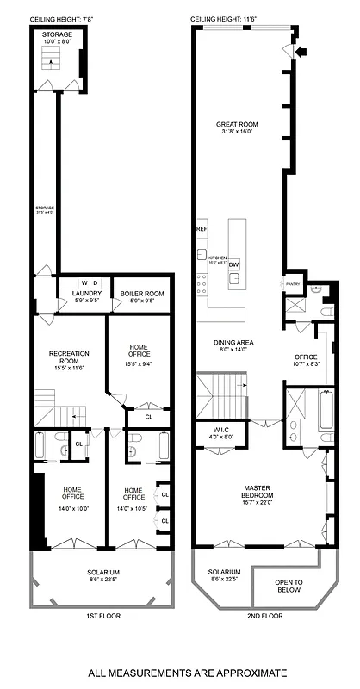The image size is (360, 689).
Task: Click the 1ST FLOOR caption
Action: point(102,618)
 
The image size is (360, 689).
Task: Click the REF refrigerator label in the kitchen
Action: point(202,230)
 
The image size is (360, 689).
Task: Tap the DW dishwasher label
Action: point(234,264)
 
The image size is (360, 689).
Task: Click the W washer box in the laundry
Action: point(84,282)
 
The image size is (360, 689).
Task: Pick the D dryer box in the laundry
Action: point(96,282)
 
